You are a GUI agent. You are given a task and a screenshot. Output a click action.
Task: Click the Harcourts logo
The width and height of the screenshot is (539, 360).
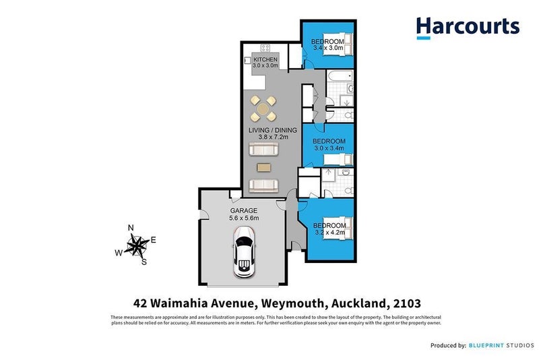point(468,28)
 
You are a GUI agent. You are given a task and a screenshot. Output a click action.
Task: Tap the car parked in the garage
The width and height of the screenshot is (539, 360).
point(243,251)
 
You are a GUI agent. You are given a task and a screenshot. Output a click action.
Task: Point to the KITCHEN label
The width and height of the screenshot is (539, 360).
point(265,59)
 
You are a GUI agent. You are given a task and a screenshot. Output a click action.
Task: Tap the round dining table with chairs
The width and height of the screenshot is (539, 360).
point(263,107)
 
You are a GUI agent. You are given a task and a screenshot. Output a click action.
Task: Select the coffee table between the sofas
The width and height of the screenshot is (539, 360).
point(263,167)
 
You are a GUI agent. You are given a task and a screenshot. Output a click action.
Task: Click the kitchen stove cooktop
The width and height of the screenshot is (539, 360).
point(265,47)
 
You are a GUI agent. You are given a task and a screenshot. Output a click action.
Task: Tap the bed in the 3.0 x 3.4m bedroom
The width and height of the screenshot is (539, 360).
point(338,159)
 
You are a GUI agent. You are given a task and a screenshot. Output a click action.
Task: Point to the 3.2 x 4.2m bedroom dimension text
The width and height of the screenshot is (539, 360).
point(330,233)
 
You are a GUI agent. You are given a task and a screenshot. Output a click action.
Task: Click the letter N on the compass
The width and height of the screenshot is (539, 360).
point(131,228)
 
